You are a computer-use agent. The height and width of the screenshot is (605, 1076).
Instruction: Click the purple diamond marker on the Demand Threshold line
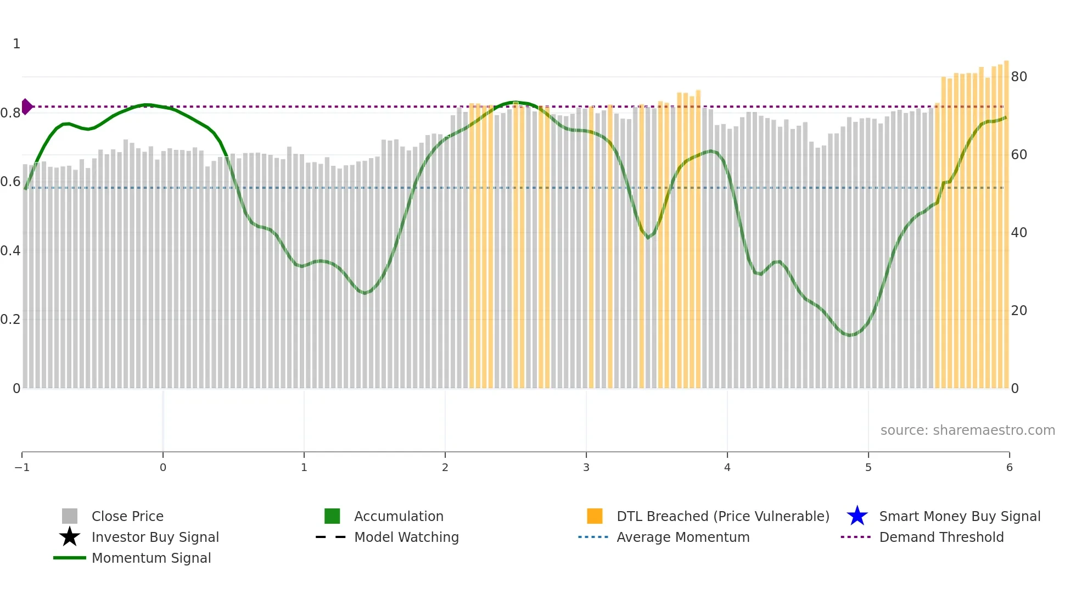pyautogui.click(x=26, y=107)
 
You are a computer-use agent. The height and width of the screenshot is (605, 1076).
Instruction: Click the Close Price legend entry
pyautogui.click(x=127, y=516)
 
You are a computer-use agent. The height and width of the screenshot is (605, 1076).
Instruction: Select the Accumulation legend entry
pyautogui.click(x=398, y=516)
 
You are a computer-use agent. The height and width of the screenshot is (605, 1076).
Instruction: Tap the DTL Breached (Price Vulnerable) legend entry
pyautogui.click(x=722, y=516)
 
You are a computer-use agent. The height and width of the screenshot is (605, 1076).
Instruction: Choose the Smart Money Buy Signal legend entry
pyautogui.click(x=959, y=516)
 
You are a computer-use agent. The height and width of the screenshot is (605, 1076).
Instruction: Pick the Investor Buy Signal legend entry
pyautogui.click(x=155, y=537)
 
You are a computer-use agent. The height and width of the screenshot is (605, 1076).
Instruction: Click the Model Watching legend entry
pyautogui.click(x=406, y=537)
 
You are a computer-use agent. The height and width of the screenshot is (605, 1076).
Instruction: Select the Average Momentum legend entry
pyautogui.click(x=682, y=537)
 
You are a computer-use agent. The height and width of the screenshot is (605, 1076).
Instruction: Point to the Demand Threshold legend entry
pyautogui.click(x=941, y=537)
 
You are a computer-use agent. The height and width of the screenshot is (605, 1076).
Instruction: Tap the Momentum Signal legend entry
pyautogui.click(x=151, y=558)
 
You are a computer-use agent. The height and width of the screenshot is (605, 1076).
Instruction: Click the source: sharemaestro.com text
pyautogui.click(x=967, y=430)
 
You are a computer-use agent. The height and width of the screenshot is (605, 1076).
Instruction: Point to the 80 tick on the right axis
pyautogui.click(x=1019, y=77)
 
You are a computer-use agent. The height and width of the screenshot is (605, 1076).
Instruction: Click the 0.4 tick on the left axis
pyautogui.click(x=10, y=251)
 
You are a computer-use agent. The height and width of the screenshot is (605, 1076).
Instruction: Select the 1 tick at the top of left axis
pyautogui.click(x=16, y=44)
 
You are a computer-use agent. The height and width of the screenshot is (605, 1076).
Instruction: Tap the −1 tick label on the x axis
pyautogui.click(x=22, y=467)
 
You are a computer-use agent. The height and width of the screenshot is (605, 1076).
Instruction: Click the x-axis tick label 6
pyautogui.click(x=1009, y=467)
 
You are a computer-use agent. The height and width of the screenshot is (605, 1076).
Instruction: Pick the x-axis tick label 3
pyautogui.click(x=586, y=467)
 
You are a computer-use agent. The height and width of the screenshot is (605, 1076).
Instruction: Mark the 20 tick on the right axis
pyautogui.click(x=1019, y=311)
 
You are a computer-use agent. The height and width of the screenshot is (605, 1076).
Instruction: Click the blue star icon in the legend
pyautogui.click(x=857, y=516)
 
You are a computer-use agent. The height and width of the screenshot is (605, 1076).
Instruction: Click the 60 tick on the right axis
pyautogui.click(x=1019, y=155)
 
